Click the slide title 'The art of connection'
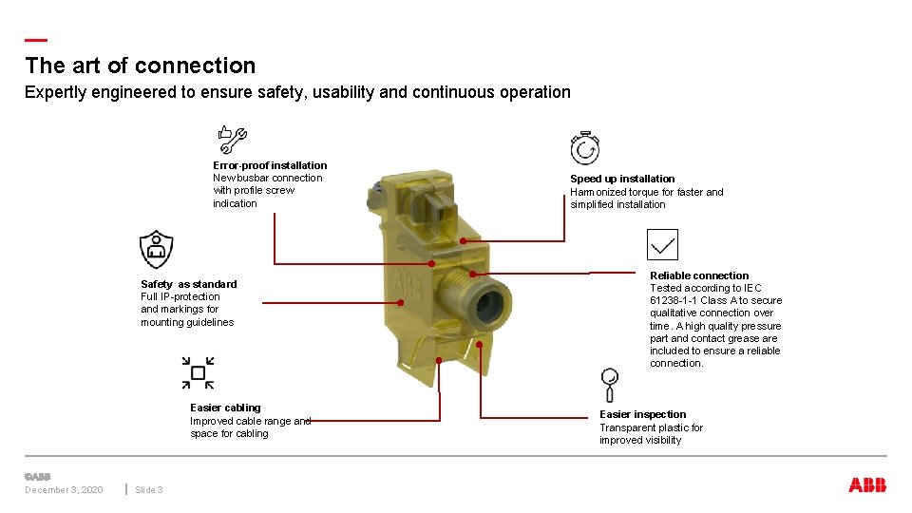(x=141, y=66)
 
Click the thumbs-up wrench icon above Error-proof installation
(x=232, y=140)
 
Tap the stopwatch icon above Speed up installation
(x=584, y=148)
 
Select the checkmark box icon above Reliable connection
(x=662, y=244)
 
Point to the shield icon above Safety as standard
(x=156, y=249)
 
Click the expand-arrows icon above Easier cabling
(x=198, y=372)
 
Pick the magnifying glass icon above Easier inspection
(x=610, y=384)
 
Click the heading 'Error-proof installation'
(x=270, y=165)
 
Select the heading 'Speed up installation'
(x=622, y=179)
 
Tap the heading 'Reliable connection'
(x=699, y=275)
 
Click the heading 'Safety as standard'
(x=189, y=284)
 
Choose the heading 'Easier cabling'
(x=225, y=408)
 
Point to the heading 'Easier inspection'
(x=642, y=414)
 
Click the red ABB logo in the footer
(x=867, y=485)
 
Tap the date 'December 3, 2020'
(x=64, y=490)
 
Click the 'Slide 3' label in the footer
(x=149, y=490)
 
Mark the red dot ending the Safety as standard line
(x=400, y=303)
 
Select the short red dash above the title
(x=36, y=40)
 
